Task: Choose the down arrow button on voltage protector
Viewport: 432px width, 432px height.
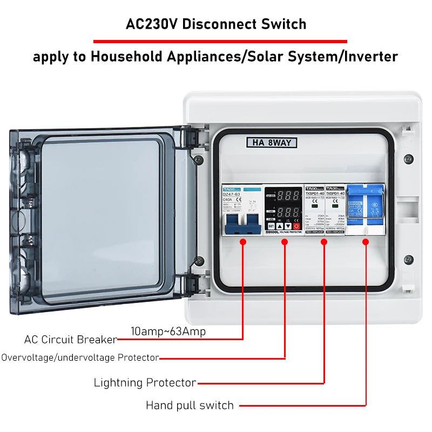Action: (288, 226)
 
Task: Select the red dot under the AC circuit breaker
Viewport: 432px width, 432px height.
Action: (243, 242)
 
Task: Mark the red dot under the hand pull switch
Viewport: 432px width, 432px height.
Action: (366, 242)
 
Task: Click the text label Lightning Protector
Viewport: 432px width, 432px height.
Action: (145, 383)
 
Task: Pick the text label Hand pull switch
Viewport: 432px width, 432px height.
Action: (190, 405)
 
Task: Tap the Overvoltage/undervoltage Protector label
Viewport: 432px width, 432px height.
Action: (80, 357)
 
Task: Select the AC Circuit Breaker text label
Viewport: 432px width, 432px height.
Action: (70, 340)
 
